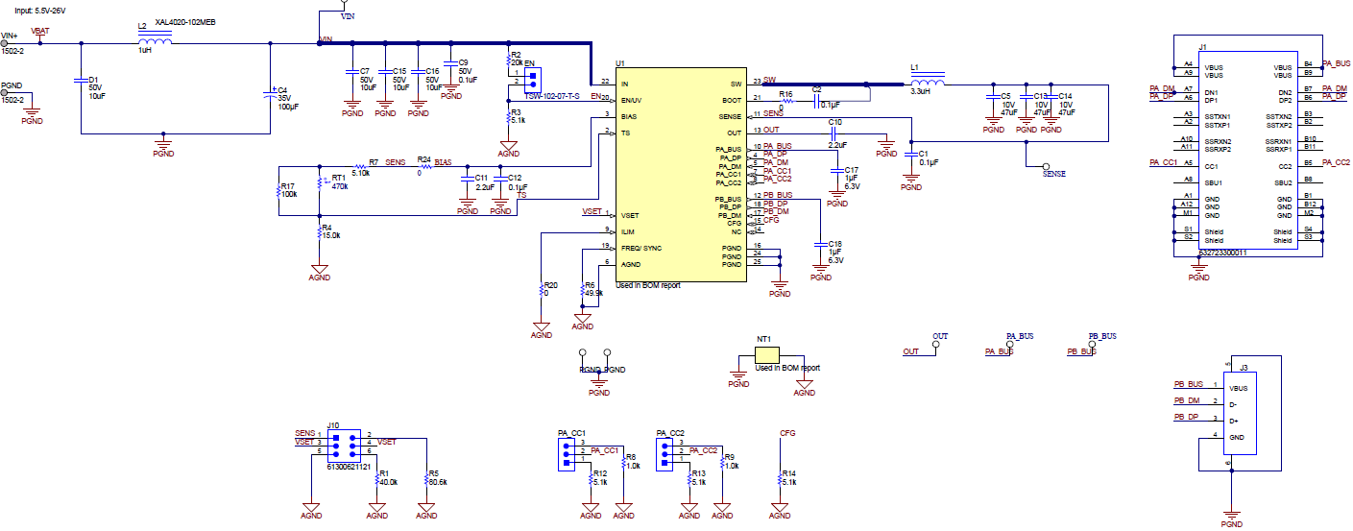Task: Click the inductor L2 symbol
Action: coord(155,41)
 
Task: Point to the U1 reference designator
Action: coord(620,63)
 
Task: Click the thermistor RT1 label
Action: coord(337,178)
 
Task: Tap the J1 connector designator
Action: coord(1203,47)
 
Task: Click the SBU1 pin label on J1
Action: coord(1213,181)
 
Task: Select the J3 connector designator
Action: coord(1243,368)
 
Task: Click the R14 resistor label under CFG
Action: coord(788,473)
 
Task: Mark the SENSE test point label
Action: coord(1053,174)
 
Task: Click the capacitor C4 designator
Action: coord(282,90)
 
